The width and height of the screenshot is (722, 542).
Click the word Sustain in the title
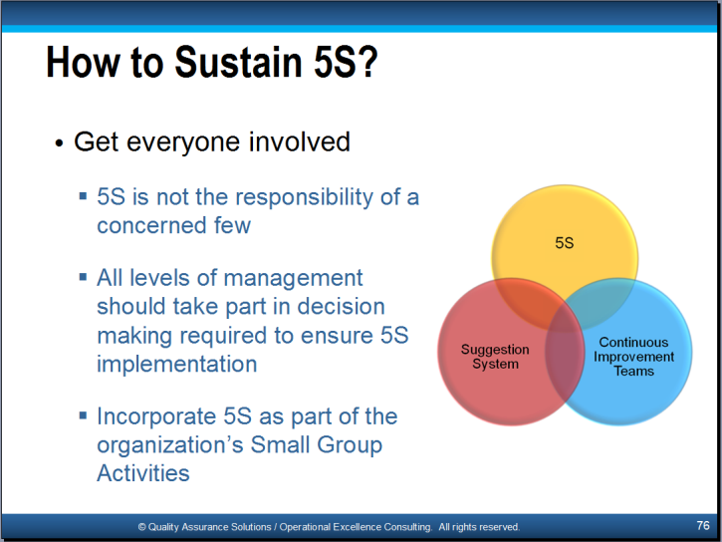pyautogui.click(x=238, y=62)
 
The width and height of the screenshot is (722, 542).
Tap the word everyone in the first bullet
pyautogui.click(x=183, y=142)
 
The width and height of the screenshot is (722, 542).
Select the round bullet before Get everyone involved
pyautogui.click(x=59, y=143)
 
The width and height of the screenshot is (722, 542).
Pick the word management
pyautogui.click(x=294, y=279)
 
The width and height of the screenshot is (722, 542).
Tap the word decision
pyautogui.click(x=341, y=307)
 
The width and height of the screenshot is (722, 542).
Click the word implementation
pyautogui.click(x=177, y=365)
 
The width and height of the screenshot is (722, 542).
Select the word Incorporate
pyautogui.click(x=156, y=417)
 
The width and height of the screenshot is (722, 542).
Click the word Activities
pyautogui.click(x=143, y=473)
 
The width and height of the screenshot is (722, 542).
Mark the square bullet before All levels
pyautogui.click(x=83, y=277)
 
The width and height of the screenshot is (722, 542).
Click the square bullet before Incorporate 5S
pyautogui.click(x=83, y=415)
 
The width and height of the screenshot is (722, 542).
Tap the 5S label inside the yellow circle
pyautogui.click(x=565, y=243)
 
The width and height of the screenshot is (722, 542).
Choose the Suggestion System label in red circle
pyautogui.click(x=495, y=357)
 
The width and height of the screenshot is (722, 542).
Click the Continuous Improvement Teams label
pyautogui.click(x=633, y=357)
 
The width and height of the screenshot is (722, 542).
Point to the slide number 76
pyautogui.click(x=703, y=525)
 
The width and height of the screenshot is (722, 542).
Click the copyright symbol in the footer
pyautogui.click(x=141, y=527)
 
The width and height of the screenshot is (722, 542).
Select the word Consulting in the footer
pyautogui.click(x=408, y=527)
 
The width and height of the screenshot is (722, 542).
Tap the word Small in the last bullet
pyautogui.click(x=280, y=444)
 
